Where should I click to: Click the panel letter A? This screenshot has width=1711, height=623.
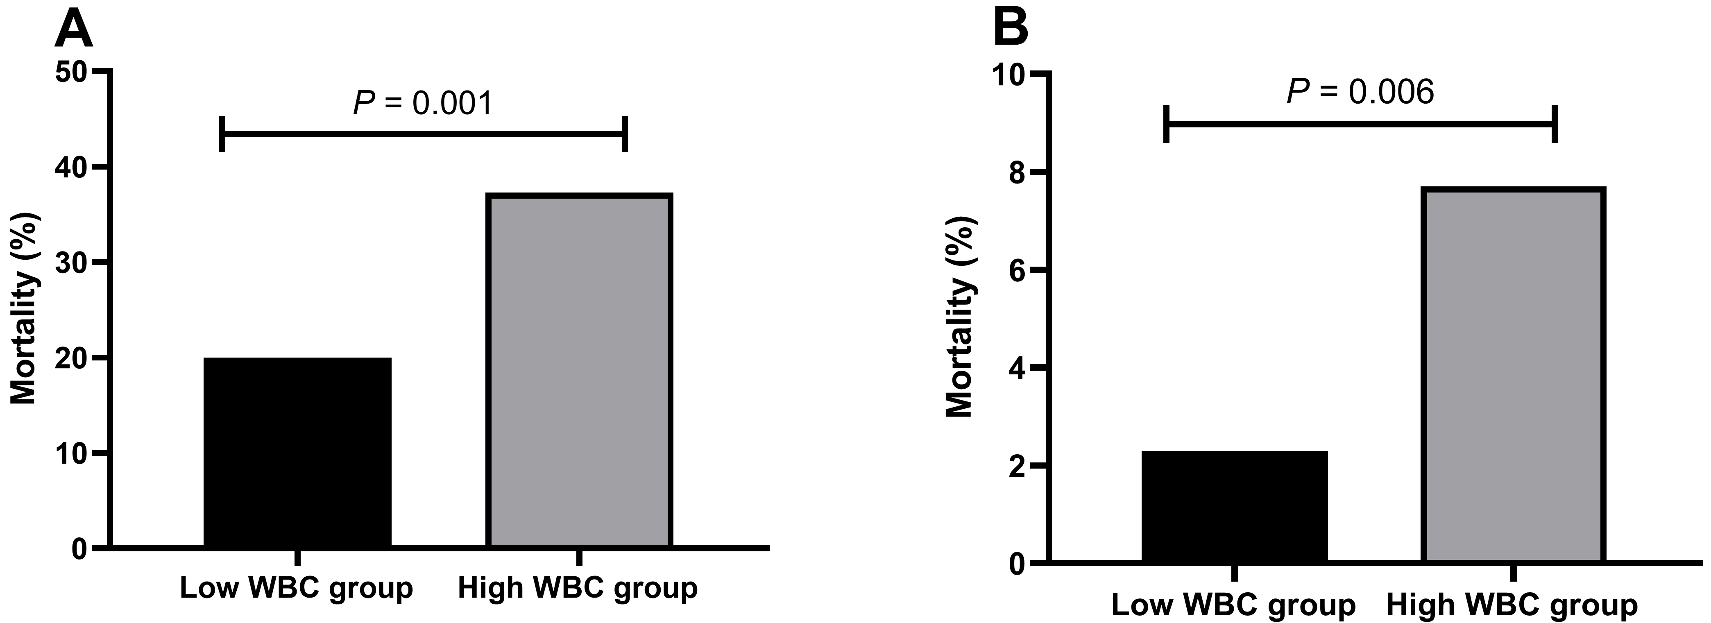[73, 30]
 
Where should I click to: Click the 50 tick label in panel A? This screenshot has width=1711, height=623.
[72, 72]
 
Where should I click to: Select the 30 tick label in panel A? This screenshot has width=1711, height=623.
[72, 263]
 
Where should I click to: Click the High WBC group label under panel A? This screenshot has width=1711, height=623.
[578, 588]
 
